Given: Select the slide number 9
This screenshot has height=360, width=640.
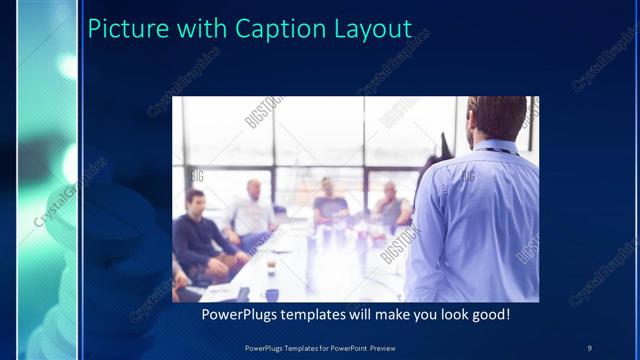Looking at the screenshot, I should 589,347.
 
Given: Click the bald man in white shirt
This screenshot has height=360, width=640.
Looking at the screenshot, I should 252,212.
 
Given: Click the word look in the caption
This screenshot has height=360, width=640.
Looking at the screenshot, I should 447,315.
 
